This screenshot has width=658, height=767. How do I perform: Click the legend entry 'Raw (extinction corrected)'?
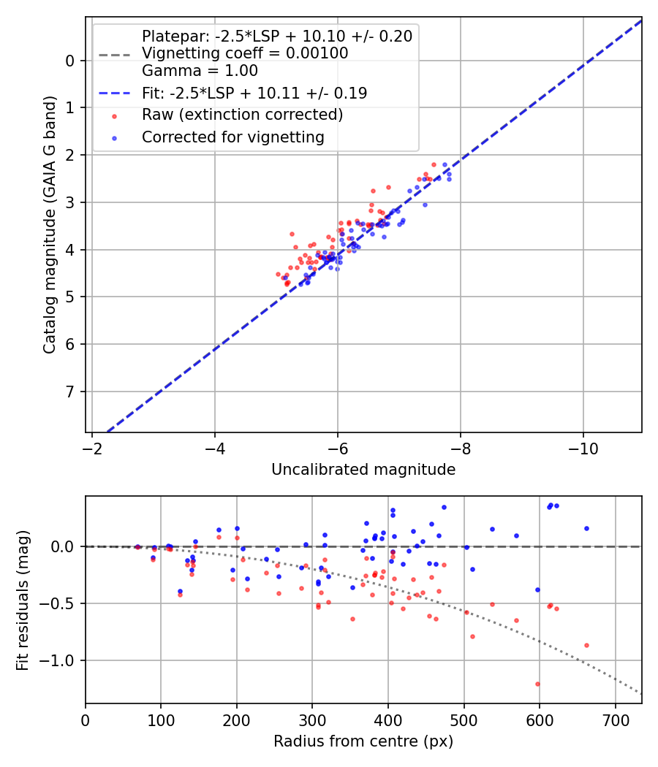(242, 115)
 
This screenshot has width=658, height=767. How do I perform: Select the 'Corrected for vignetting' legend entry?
(233, 137)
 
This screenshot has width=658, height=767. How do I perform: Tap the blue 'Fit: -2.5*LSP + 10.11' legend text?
(254, 93)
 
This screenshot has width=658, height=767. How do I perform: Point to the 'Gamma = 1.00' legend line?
(200, 71)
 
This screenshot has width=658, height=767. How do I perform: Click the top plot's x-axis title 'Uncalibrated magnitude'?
(363, 470)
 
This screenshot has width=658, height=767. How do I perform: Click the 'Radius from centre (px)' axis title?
(363, 741)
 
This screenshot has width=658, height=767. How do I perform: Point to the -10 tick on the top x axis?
(583, 445)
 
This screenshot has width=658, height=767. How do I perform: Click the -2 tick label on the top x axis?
(92, 445)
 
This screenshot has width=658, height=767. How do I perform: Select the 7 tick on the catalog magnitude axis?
(71, 392)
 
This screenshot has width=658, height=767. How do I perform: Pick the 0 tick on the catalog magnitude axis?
(71, 60)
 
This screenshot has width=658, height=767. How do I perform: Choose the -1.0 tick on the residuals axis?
(61, 660)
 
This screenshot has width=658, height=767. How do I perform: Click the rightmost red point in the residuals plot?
(586, 645)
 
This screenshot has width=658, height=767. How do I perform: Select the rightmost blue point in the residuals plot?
(586, 528)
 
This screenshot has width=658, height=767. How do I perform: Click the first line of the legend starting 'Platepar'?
(276, 37)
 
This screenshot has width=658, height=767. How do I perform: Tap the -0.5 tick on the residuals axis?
(61, 603)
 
